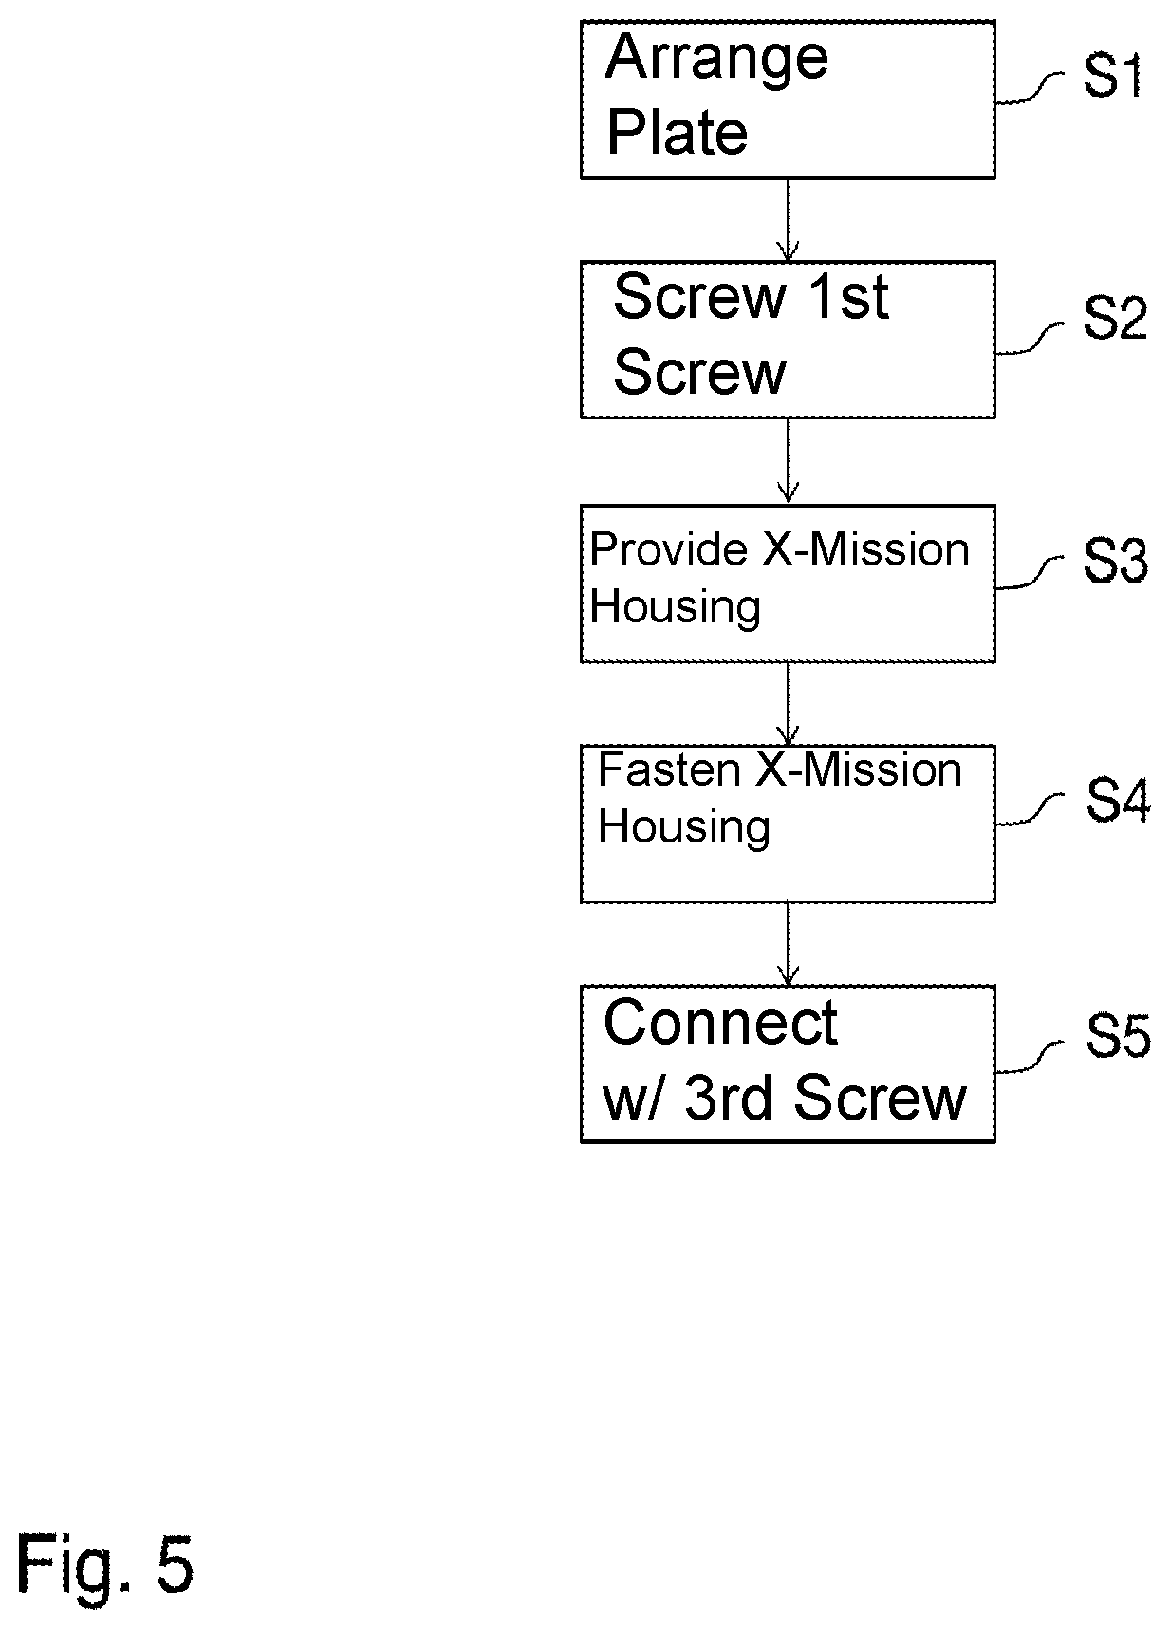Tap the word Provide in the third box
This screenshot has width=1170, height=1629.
coord(669,549)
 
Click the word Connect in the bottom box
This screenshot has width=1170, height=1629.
coord(720,1023)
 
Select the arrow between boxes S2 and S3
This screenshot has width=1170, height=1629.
coord(788,460)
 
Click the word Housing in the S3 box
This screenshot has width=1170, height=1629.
coord(675,606)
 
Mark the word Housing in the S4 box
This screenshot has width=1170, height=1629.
coord(684,826)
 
